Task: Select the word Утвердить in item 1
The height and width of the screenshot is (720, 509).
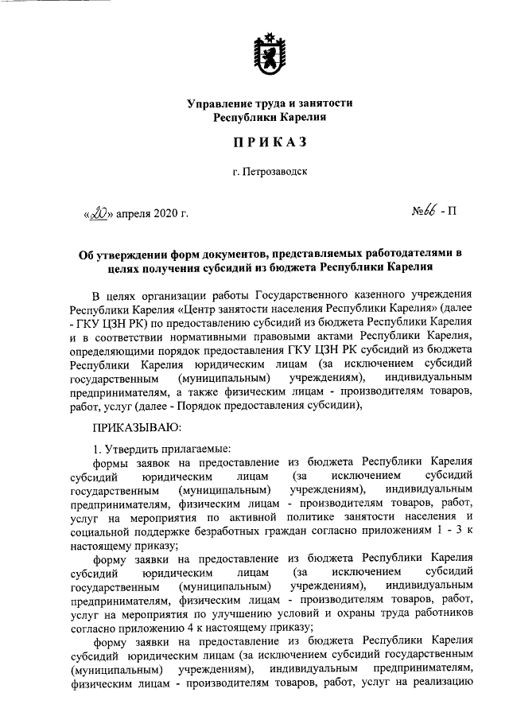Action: pos(138,448)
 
